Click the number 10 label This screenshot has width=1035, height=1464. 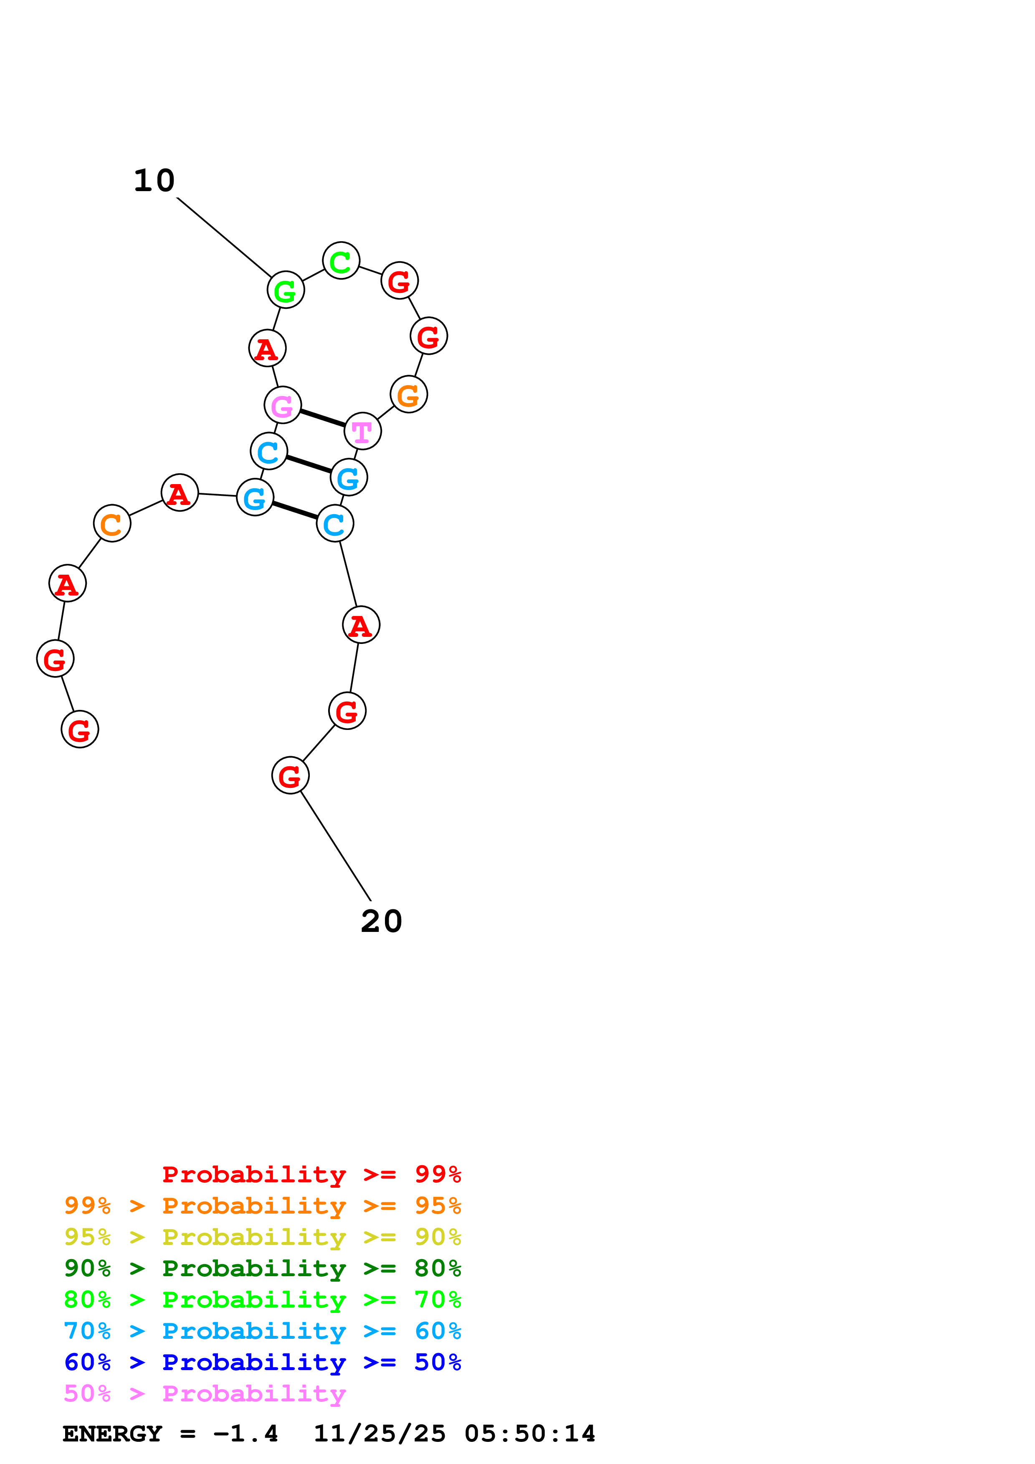[x=154, y=181]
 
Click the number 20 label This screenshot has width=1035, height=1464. [x=381, y=921]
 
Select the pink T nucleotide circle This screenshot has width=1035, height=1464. [x=362, y=431]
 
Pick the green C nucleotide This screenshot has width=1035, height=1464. [x=341, y=261]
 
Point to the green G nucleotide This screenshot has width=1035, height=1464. [x=285, y=290]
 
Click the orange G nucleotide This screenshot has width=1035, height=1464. [x=408, y=395]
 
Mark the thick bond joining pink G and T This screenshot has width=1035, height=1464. [x=323, y=418]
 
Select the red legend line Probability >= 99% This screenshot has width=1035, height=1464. [x=311, y=1174]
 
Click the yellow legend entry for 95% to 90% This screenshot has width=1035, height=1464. [x=262, y=1237]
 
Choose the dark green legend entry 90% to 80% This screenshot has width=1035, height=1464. [x=262, y=1268]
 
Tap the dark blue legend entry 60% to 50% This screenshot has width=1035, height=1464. [x=262, y=1362]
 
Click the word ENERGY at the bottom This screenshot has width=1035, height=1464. [x=112, y=1434]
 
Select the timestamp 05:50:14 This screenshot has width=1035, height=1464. [x=529, y=1434]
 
